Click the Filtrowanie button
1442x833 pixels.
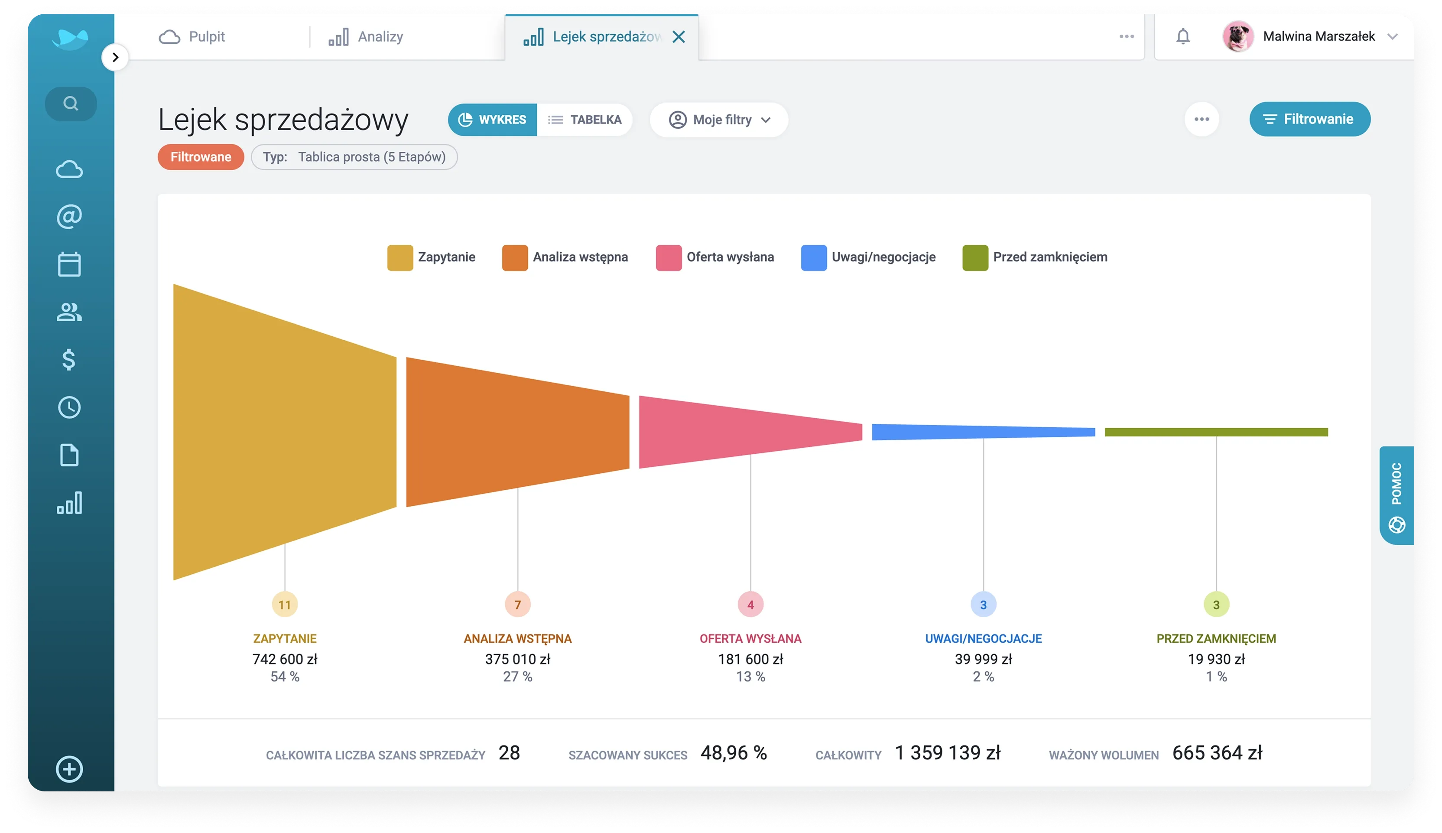1309,119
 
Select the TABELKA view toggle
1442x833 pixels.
585,120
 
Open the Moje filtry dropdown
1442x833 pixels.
719,120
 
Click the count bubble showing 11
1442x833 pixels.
285,604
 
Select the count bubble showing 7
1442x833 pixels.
518,604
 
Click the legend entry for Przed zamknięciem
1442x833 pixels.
1035,257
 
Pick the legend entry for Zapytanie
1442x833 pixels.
432,257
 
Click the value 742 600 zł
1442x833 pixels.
285,659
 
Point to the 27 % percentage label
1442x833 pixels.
518,677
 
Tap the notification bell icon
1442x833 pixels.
1183,36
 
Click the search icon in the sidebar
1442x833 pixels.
70,104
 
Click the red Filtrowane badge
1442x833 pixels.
201,157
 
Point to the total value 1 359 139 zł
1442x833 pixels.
947,753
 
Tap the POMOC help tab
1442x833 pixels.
1396,495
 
